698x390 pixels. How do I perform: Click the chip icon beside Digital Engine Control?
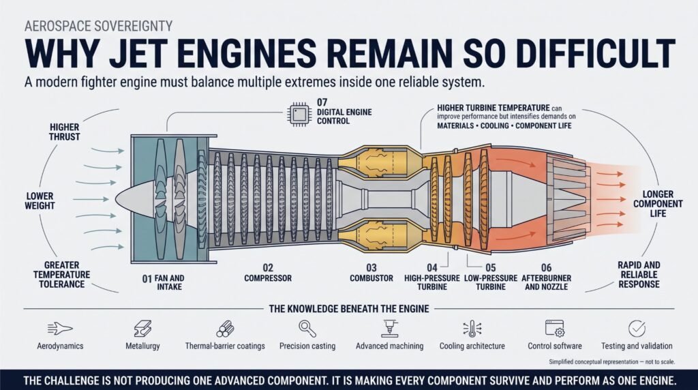[299, 114]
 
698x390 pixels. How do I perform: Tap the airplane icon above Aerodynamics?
[60, 329]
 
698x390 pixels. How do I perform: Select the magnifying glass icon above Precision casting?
[307, 329]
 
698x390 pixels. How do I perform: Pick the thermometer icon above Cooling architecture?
[472, 329]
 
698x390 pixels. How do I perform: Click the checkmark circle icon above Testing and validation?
[637, 329]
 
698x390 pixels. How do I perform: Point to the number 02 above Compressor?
[267, 267]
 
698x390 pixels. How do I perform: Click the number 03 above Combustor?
[371, 267]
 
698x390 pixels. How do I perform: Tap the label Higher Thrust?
[65, 132]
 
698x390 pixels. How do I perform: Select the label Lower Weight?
[40, 200]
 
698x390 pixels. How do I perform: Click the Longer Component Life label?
[658, 204]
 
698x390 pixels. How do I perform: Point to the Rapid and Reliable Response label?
[639, 274]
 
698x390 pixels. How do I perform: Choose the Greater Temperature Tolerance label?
[61, 274]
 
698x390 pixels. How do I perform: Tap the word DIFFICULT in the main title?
[586, 53]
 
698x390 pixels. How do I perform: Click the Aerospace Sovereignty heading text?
[98, 26]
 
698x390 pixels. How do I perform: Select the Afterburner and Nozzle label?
[546, 282]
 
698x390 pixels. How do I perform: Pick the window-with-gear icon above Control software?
[555, 329]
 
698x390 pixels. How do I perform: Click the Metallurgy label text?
[142, 346]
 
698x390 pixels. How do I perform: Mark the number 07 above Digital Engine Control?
[322, 102]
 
